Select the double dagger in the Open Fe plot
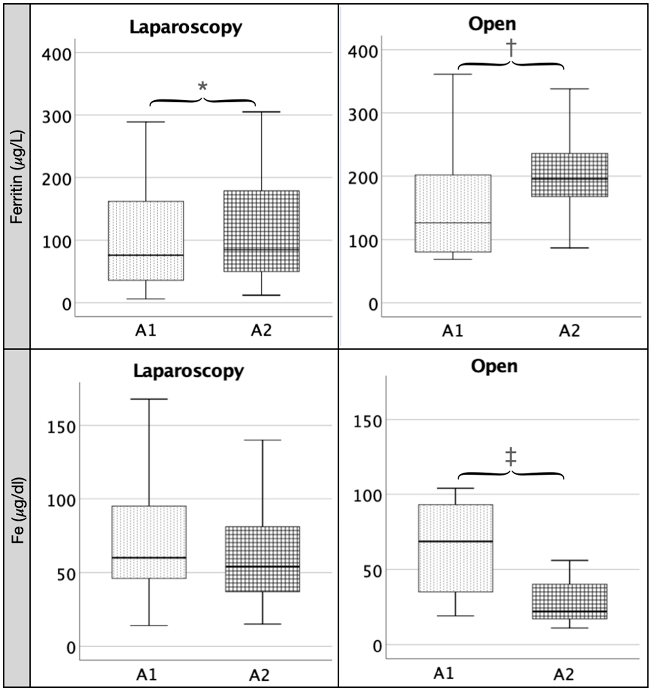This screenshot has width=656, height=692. pyautogui.click(x=511, y=456)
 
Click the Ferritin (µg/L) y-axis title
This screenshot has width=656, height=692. pyautogui.click(x=16, y=177)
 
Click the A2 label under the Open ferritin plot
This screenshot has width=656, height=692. pyautogui.click(x=569, y=330)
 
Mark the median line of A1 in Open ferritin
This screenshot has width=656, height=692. pyautogui.click(x=453, y=223)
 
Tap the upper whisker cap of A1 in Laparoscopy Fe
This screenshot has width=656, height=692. pyautogui.click(x=149, y=399)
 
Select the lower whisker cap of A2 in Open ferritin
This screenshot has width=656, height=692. pyautogui.click(x=570, y=248)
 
